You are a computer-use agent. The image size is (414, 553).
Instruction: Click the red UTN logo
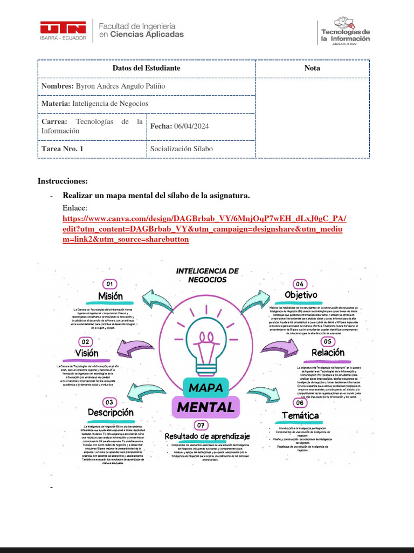(x=63, y=30)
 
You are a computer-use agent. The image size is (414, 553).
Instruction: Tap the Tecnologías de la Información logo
(x=345, y=31)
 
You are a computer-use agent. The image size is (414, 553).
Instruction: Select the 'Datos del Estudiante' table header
(x=146, y=68)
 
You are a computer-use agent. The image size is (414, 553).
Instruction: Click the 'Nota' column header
(x=312, y=68)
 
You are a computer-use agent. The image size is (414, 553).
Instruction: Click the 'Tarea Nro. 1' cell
(x=63, y=149)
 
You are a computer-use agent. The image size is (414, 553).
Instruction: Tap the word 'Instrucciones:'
(x=63, y=181)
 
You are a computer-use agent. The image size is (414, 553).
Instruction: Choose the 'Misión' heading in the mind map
(x=111, y=296)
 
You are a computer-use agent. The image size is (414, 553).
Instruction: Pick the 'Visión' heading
(x=87, y=353)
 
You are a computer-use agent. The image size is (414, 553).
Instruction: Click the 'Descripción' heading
(x=111, y=413)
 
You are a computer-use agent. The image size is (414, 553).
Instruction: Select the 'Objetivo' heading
(x=301, y=295)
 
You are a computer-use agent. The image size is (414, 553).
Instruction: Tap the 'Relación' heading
(x=328, y=353)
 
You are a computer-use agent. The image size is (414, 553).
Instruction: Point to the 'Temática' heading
(x=300, y=415)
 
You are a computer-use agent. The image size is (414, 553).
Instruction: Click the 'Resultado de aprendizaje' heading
(x=208, y=436)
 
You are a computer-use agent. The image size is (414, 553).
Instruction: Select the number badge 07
(x=201, y=424)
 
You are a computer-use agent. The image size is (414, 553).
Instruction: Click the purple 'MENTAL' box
(x=206, y=407)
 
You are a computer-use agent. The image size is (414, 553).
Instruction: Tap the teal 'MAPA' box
(x=206, y=387)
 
